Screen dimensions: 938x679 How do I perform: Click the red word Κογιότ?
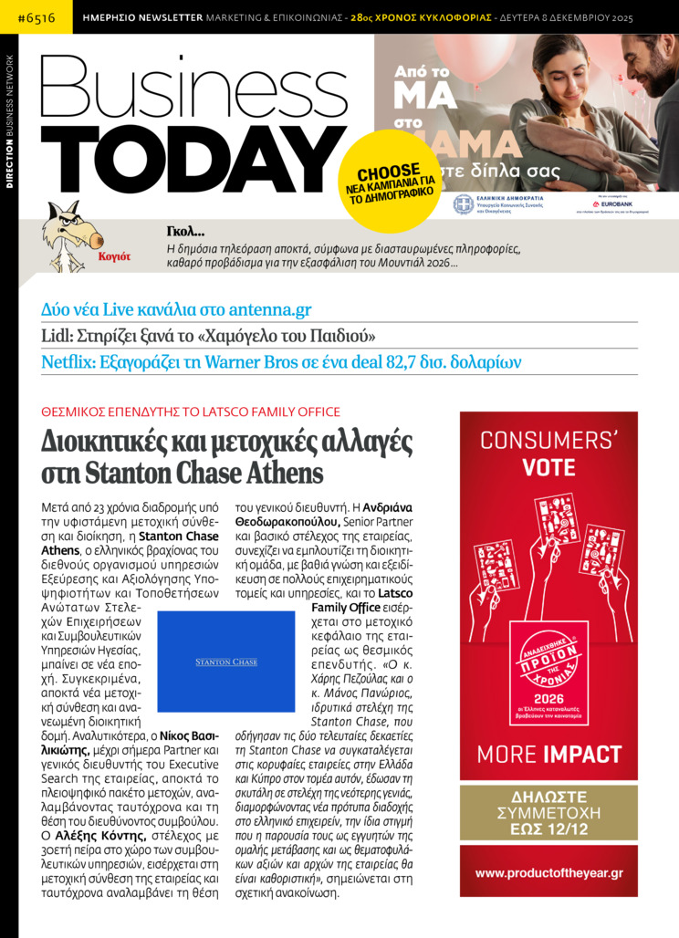pyautogui.click(x=114, y=256)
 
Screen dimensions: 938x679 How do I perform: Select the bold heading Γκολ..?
pyautogui.click(x=185, y=231)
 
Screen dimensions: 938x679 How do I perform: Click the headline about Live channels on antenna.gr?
pyautogui.click(x=176, y=308)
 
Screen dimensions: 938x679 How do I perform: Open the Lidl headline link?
pyautogui.click(x=208, y=335)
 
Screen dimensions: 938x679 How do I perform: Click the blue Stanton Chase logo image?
pyautogui.click(x=226, y=662)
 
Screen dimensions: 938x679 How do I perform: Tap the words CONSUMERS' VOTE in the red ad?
pyautogui.click(x=548, y=453)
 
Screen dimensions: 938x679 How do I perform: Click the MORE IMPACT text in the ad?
pyautogui.click(x=548, y=755)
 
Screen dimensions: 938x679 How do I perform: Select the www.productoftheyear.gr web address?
pyautogui.click(x=548, y=873)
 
